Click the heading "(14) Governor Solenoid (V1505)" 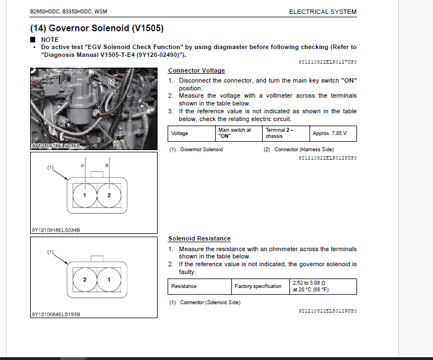(x=97, y=27)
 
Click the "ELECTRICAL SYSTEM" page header (x=322, y=12)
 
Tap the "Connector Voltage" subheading (x=196, y=70)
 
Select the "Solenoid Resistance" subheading (x=199, y=239)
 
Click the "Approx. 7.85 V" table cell (x=333, y=133)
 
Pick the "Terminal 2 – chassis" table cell (x=286, y=133)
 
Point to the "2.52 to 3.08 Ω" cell (x=323, y=286)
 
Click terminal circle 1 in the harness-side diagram (x=84, y=195)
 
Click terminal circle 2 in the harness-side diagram (x=109, y=195)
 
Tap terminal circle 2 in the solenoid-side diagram (x=84, y=279)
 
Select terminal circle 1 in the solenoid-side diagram (x=109, y=279)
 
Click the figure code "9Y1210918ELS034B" (x=56, y=229)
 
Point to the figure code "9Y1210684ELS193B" (x=56, y=314)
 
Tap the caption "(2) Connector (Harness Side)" (x=298, y=150)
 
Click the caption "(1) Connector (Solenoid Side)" (x=204, y=302)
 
